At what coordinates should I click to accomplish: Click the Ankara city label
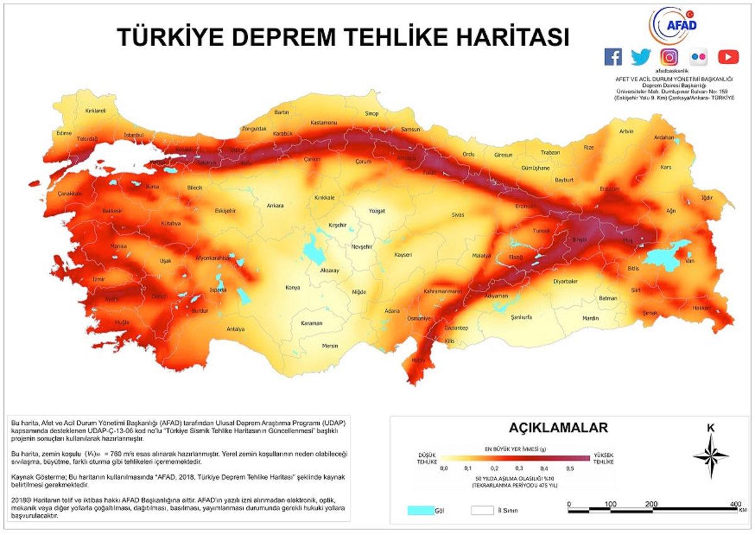[275, 206]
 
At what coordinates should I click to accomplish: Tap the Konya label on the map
[293, 288]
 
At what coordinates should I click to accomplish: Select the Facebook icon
[613, 57]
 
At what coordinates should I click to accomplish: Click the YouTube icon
[728, 57]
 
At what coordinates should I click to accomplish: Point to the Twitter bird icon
[640, 57]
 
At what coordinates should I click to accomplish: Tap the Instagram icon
[669, 57]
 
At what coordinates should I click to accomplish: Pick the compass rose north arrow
[711, 454]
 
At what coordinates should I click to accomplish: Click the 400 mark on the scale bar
[733, 505]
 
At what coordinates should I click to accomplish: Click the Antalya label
[235, 329]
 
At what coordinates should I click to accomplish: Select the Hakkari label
[702, 308]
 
